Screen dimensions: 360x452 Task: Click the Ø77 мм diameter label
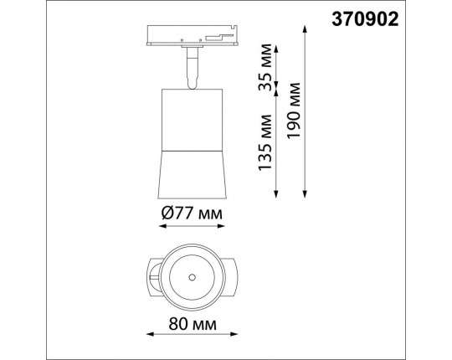(193, 213)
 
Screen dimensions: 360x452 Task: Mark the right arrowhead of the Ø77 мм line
(228, 229)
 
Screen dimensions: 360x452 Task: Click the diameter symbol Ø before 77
(167, 213)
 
